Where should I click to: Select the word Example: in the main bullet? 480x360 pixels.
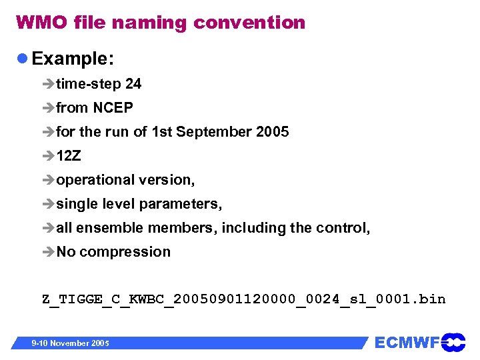[73, 59]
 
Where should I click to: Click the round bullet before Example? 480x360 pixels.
[22, 59]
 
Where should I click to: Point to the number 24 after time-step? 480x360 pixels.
[133, 84]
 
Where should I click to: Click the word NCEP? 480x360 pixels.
[113, 108]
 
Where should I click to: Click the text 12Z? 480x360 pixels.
[69, 156]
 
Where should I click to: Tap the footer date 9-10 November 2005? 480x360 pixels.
[71, 343]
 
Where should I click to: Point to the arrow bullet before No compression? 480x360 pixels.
[49, 252]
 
